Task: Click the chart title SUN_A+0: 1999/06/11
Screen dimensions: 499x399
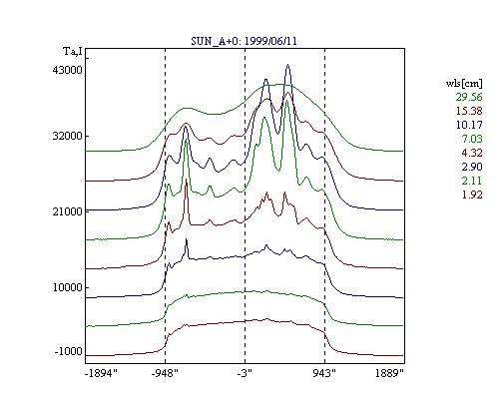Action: [x=244, y=41]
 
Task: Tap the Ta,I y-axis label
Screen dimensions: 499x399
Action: [x=73, y=52]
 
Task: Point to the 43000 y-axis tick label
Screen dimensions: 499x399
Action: [x=68, y=70]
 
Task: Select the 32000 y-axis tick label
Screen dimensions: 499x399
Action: [x=68, y=136]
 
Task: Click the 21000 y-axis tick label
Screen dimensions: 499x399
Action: [x=68, y=211]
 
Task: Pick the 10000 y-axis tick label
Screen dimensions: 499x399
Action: [x=68, y=287]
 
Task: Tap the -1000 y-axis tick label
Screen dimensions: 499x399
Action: [x=69, y=351]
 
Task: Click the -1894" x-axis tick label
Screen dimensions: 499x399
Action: [x=101, y=373]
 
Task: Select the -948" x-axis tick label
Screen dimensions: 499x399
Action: [x=165, y=373]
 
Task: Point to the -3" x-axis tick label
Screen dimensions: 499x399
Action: [x=245, y=373]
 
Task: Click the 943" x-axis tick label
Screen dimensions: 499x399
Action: [x=324, y=373]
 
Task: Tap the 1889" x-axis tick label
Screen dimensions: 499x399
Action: [x=389, y=373]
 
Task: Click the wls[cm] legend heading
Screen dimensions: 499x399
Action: [x=464, y=83]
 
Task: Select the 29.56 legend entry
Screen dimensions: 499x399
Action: [x=469, y=97]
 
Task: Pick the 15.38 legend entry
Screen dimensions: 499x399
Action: [x=469, y=111]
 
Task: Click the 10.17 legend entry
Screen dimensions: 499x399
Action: [x=469, y=125]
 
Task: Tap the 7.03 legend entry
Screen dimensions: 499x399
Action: [x=472, y=139]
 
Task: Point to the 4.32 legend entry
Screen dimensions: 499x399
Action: [x=472, y=153]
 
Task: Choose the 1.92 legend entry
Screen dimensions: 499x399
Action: [x=472, y=195]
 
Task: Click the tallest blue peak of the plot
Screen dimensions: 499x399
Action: [x=288, y=65]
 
